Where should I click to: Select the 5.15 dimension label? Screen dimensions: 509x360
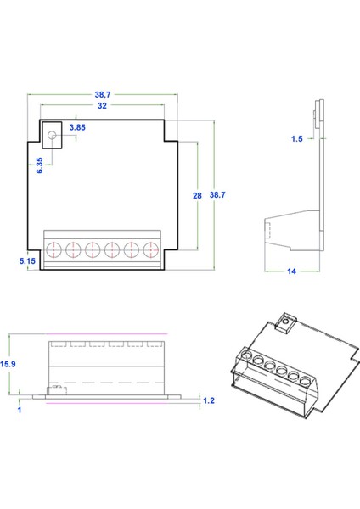(27, 262)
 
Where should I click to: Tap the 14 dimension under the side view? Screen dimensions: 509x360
(292, 271)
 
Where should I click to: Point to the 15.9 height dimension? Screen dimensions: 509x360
(8, 363)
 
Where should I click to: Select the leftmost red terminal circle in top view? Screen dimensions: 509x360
(53, 249)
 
